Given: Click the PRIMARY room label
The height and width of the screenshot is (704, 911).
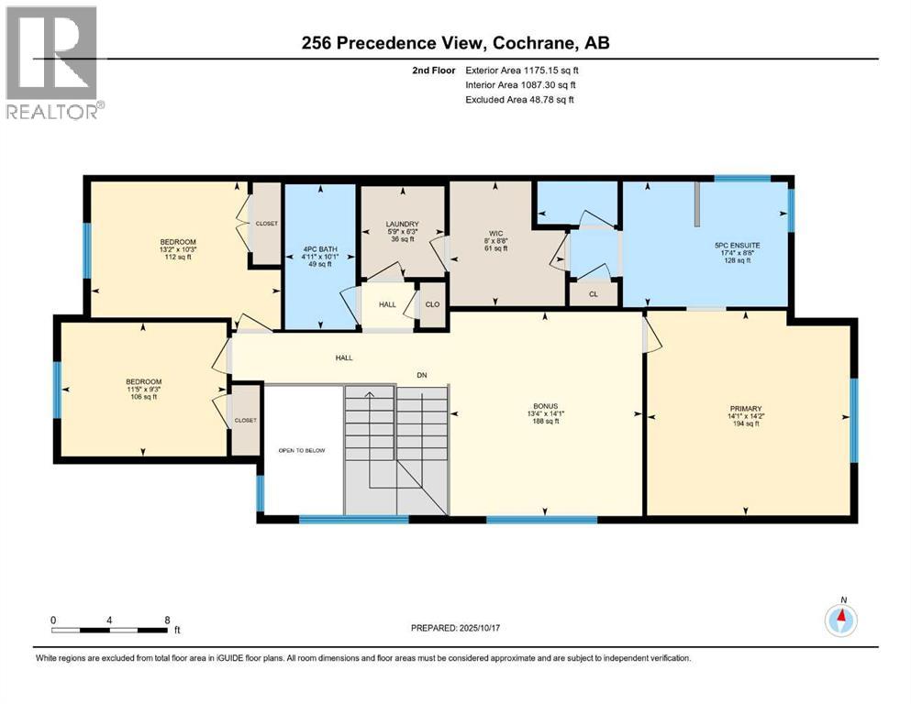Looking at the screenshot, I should (x=746, y=409).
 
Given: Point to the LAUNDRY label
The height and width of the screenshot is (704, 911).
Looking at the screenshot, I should (x=402, y=225).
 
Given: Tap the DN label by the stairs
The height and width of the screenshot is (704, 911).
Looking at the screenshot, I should (x=422, y=376).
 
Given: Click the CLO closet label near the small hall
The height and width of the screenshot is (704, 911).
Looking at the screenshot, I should (x=432, y=303).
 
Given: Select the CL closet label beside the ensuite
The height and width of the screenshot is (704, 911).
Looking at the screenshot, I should (x=594, y=294).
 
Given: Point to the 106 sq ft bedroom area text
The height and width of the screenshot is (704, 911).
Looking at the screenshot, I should (x=143, y=397).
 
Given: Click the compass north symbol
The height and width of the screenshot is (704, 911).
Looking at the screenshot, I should (x=841, y=620).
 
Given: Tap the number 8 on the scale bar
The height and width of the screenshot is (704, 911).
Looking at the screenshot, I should (x=166, y=620).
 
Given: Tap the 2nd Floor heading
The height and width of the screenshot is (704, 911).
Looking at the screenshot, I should (x=435, y=70).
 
